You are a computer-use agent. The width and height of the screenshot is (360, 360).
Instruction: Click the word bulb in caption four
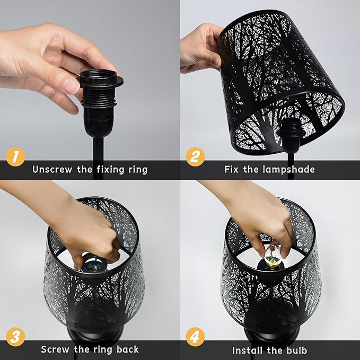coord(295,350)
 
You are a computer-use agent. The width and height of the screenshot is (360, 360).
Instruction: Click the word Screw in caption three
coord(57,349)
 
